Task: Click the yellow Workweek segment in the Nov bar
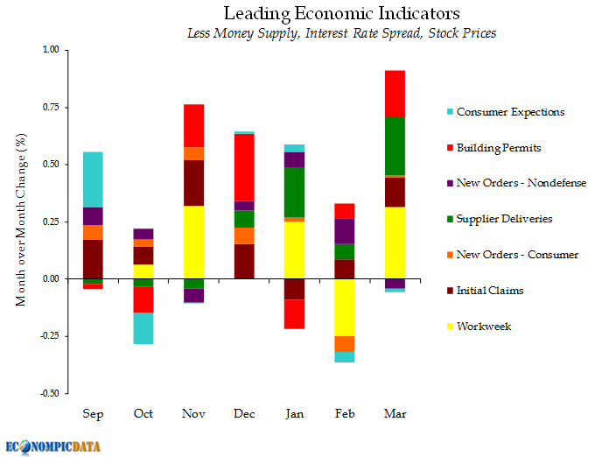click(193, 242)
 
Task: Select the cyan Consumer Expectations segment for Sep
click(93, 179)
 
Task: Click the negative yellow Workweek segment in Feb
click(345, 307)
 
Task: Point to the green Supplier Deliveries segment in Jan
click(294, 192)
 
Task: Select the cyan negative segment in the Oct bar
click(143, 328)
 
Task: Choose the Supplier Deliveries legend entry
click(503, 219)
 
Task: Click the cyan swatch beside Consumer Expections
click(450, 112)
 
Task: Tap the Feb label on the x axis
click(345, 412)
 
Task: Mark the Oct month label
click(143, 412)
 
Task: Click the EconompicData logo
click(53, 446)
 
